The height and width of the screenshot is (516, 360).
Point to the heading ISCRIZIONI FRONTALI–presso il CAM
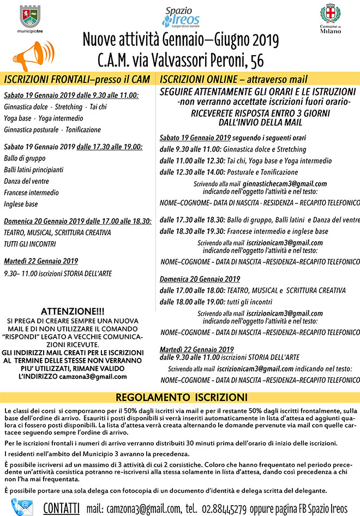click(x=77, y=79)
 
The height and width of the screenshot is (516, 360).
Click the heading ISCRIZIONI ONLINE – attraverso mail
click(x=233, y=79)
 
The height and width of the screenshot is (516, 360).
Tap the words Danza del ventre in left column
click(x=26, y=181)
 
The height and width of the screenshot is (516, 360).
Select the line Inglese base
click(x=21, y=204)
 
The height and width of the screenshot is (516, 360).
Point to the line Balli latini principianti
click(x=33, y=170)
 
